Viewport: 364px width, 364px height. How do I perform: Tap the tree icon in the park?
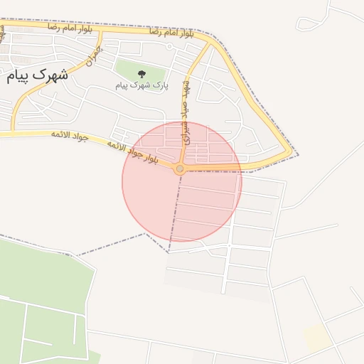click(x=141, y=73)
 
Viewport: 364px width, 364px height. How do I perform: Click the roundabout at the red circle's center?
click(x=180, y=169)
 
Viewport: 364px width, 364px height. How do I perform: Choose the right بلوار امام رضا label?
click(x=173, y=33)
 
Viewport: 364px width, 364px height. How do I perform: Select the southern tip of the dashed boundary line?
click(x=168, y=252)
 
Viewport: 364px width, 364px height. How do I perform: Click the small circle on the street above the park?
click(x=169, y=47)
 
